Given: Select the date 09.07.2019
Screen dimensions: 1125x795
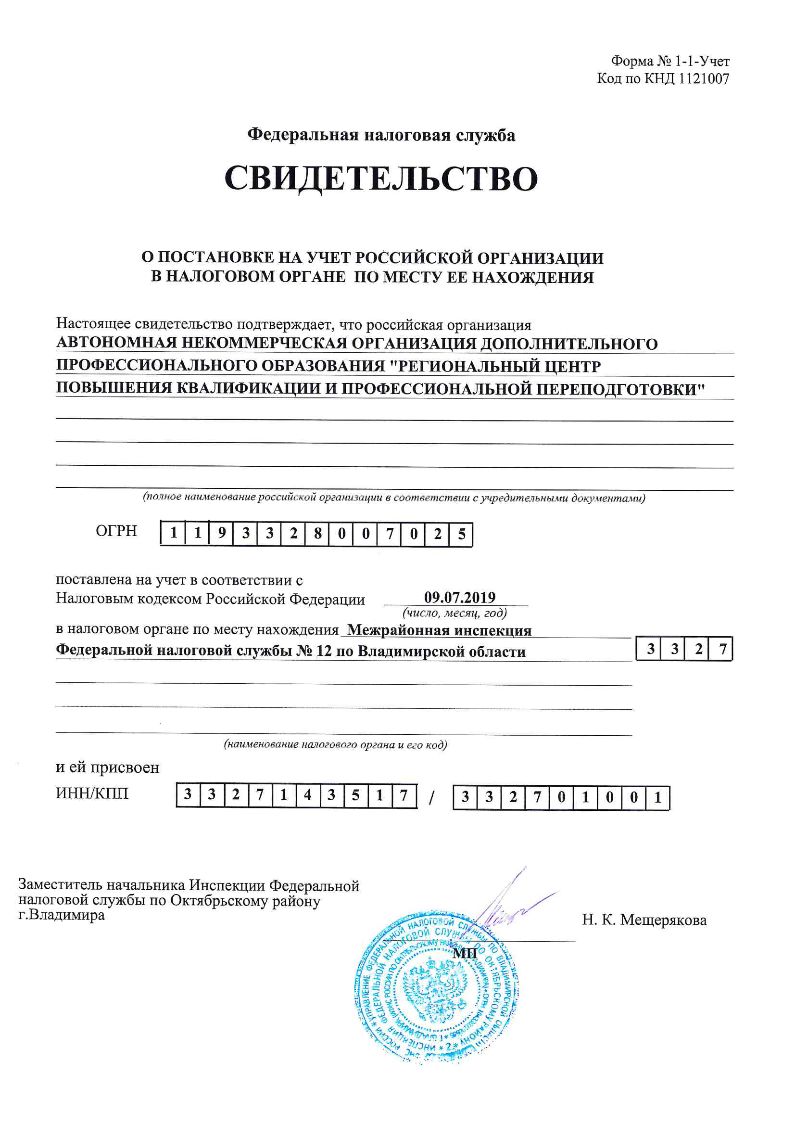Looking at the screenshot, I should point(459,597).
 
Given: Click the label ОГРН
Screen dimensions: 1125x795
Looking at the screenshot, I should point(116,531).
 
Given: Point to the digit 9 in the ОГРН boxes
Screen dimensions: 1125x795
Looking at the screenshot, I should point(221,533).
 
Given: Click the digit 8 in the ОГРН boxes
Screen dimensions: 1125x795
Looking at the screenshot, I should point(317,534).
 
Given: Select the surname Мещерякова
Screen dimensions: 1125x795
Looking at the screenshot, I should point(663,920).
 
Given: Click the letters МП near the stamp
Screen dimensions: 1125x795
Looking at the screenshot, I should point(465,953).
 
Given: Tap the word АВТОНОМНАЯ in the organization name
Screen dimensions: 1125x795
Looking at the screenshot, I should point(116,343).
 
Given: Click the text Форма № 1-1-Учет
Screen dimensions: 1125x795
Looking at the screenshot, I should point(670,61).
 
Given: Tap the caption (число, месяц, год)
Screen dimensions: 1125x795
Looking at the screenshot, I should point(454,613).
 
